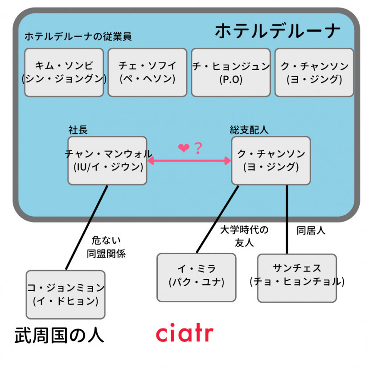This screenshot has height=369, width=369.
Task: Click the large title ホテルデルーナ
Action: (277, 32)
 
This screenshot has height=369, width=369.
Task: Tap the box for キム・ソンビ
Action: (64, 72)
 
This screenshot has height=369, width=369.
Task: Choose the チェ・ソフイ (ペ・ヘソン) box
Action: (147, 72)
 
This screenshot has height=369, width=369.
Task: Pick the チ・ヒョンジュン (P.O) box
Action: (231, 72)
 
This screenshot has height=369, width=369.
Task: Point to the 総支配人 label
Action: (249, 130)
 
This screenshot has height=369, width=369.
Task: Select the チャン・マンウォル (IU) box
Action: (107, 160)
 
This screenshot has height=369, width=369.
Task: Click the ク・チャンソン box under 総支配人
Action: (271, 160)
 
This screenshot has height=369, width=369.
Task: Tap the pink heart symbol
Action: (184, 148)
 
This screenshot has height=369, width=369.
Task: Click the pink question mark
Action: (197, 148)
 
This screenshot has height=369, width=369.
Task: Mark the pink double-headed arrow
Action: (189, 161)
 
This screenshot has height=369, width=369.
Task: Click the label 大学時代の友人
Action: (244, 236)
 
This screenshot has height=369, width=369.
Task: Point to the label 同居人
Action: (311, 231)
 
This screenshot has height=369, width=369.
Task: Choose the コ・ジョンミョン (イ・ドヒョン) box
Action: (66, 294)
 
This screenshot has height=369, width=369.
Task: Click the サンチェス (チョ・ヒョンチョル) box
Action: (297, 277)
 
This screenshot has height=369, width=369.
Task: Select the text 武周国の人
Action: (59, 336)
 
